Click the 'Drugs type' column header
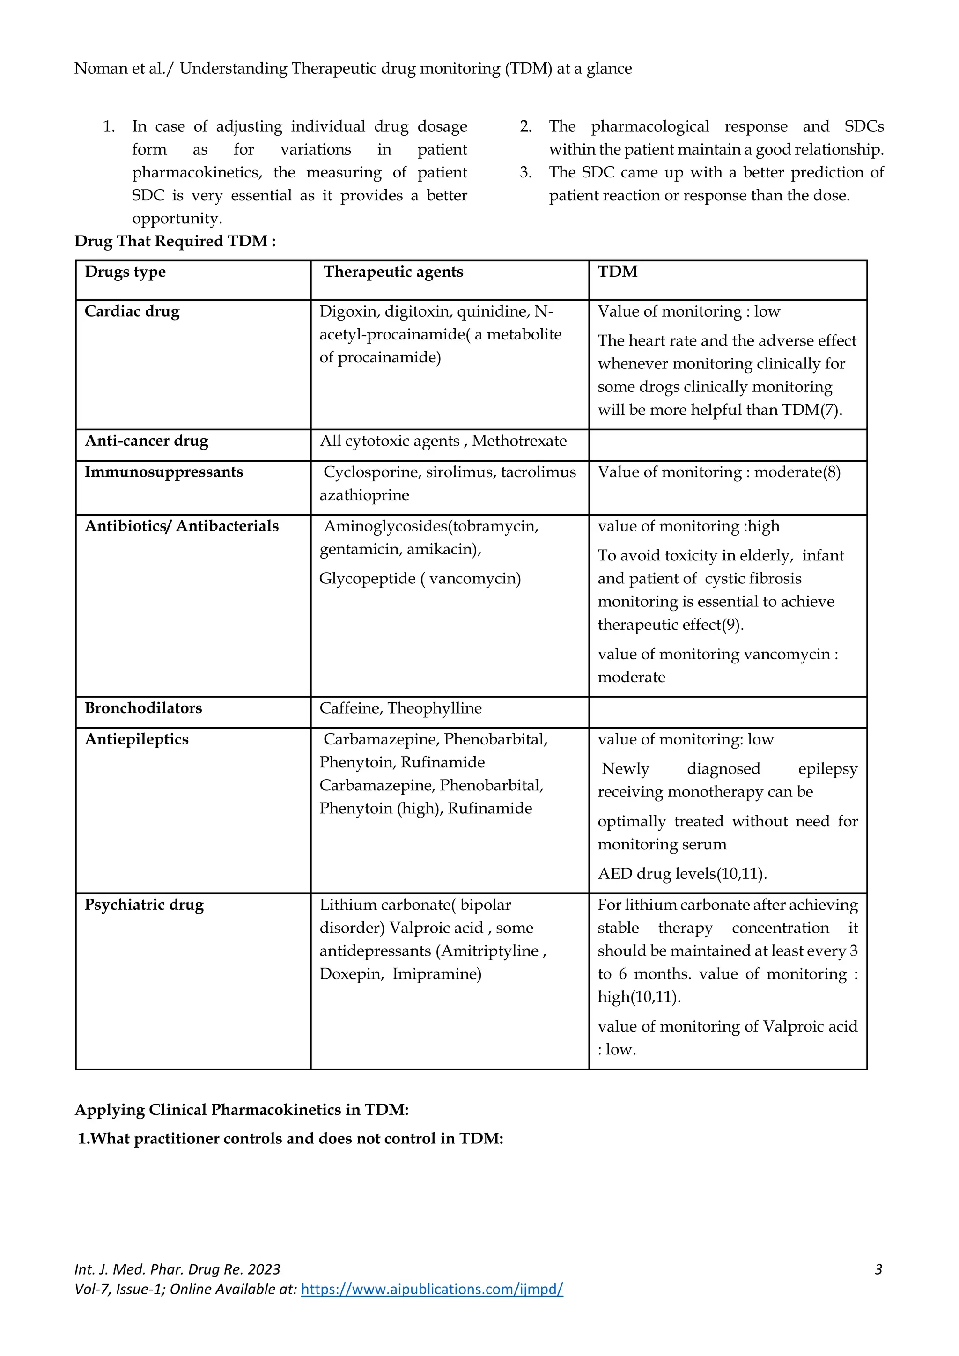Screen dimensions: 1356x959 coord(125,272)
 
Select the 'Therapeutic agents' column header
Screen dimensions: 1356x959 coord(393,272)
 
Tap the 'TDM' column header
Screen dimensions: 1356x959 coord(618,272)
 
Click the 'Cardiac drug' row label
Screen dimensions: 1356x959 coord(132,311)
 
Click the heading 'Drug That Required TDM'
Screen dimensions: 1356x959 coord(175,241)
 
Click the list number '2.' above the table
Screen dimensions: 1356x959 coord(525,126)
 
